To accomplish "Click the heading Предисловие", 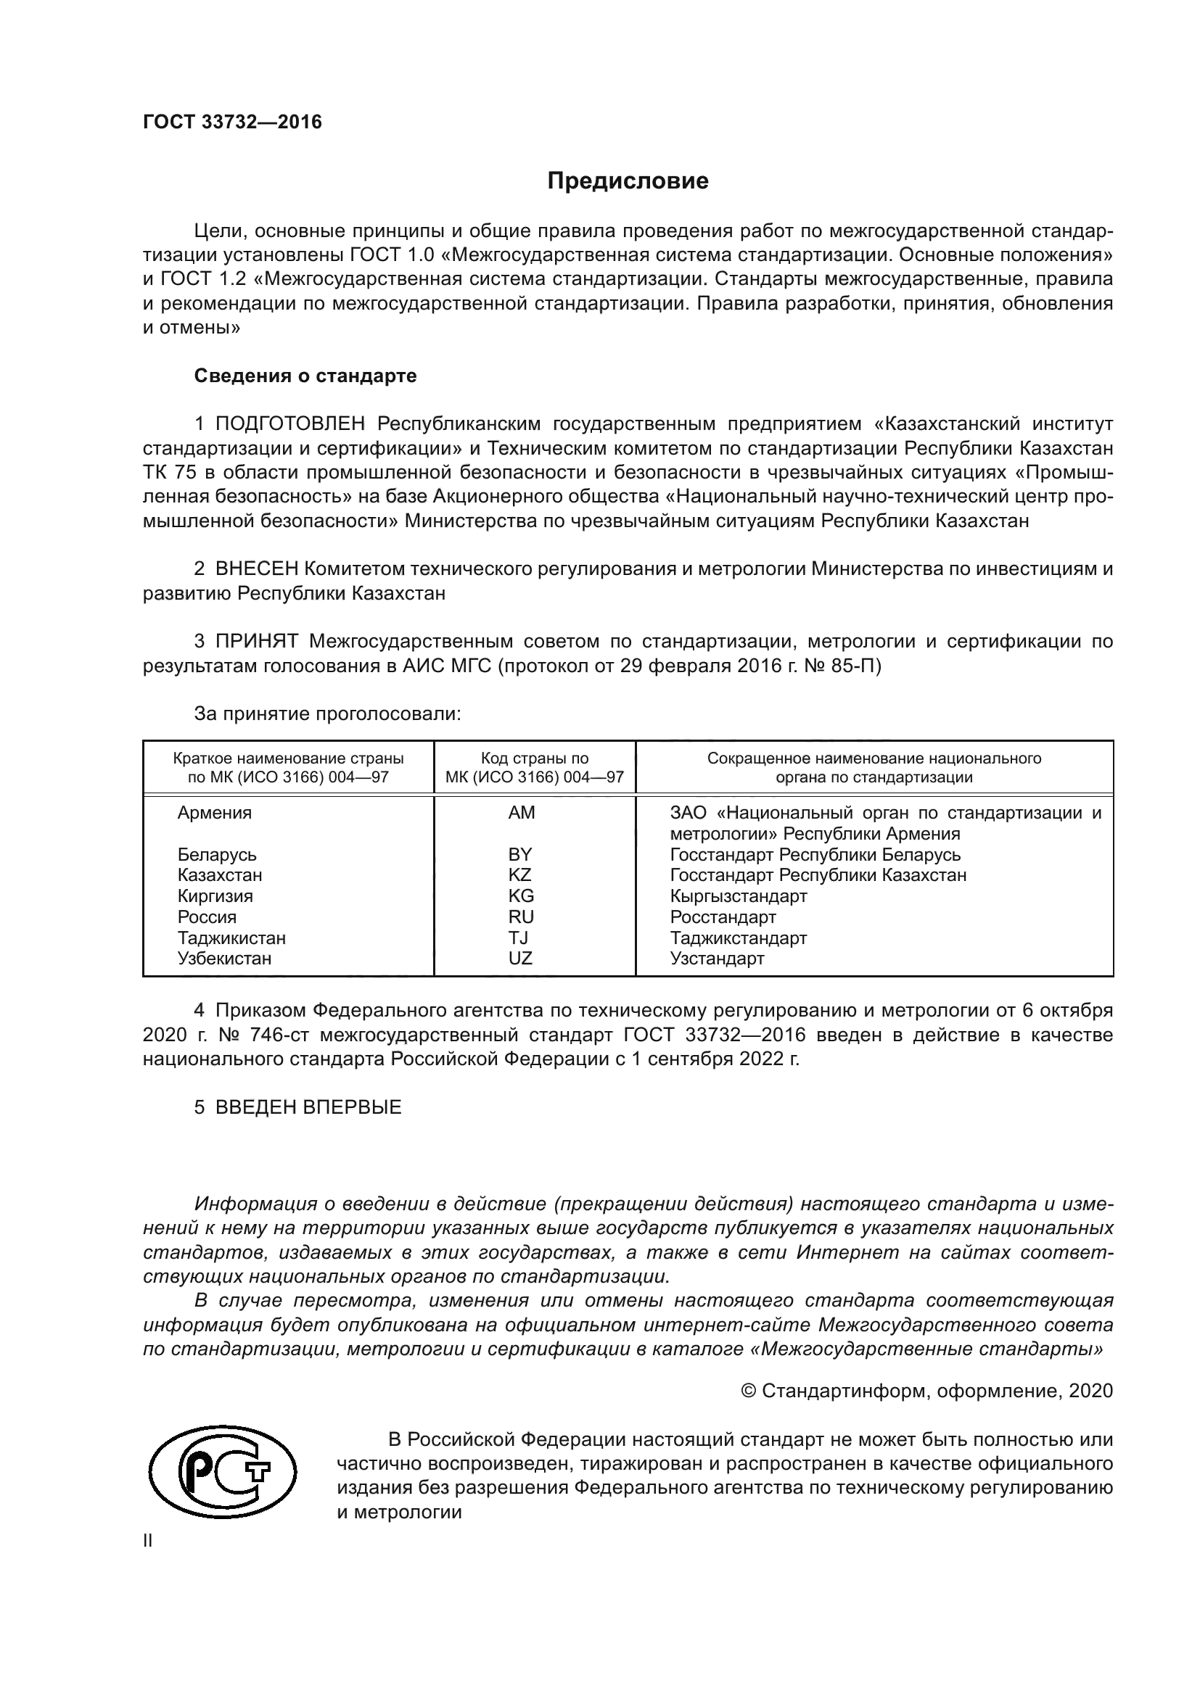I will (628, 181).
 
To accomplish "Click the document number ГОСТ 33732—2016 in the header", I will (232, 122).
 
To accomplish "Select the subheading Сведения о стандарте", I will (305, 376).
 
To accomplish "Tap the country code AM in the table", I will (521, 813).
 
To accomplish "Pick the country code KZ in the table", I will (519, 874).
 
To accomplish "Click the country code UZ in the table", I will (519, 958).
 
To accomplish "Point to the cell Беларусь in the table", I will (216, 855).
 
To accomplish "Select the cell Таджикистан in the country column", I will (231, 938).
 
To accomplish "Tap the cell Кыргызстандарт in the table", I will (737, 896).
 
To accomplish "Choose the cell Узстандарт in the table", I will (716, 958).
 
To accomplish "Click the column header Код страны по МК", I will (534, 767).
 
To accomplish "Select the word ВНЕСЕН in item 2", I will (256, 568).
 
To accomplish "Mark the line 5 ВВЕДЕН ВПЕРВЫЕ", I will (297, 1106).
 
